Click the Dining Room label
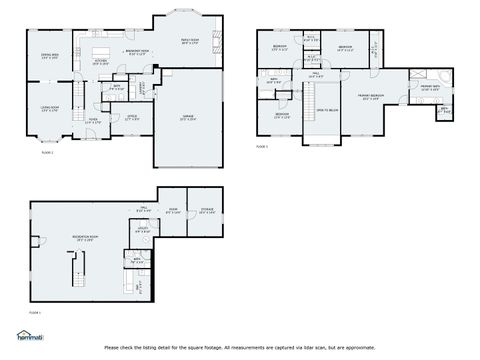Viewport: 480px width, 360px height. [x=49, y=56]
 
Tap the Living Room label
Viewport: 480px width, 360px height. [x=49, y=108]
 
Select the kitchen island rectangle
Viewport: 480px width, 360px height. [x=100, y=49]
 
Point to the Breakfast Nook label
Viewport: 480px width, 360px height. [x=137, y=52]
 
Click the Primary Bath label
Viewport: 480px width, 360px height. [x=431, y=88]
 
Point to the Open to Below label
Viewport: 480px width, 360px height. [x=328, y=110]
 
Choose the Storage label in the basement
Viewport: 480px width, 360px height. [x=207, y=211]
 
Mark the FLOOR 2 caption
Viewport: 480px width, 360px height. [x=47, y=152]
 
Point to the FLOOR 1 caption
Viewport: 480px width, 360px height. [x=262, y=147]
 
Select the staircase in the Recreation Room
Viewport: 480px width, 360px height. [x=74, y=270]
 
